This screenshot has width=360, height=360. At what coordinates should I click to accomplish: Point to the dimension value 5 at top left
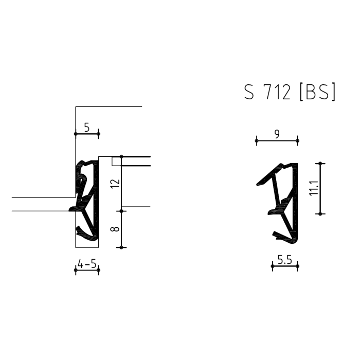tap(86, 127)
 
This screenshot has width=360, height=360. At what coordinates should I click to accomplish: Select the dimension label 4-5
tap(86, 264)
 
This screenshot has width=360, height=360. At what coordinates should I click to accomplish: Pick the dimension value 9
tap(277, 134)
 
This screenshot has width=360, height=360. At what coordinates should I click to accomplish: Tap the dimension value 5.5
tap(285, 260)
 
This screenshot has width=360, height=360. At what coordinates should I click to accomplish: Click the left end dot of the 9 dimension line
tap(256, 140)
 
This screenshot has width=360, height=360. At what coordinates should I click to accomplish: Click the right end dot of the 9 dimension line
tap(297, 140)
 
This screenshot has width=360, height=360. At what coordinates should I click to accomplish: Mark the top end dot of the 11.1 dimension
tap(320, 164)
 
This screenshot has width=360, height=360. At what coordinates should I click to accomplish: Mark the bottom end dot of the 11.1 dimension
tap(320, 213)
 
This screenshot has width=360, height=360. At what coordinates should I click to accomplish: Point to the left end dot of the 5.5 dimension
tap(273, 266)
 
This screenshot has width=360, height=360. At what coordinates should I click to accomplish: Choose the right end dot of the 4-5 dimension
tap(98, 270)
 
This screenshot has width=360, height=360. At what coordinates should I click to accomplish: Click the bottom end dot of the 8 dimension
tap(121, 247)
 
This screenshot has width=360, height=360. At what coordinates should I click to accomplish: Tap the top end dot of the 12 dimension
tap(121, 156)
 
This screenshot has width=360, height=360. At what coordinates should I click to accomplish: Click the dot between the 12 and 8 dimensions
tap(121, 211)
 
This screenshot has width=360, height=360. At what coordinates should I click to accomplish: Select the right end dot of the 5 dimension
tap(98, 134)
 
